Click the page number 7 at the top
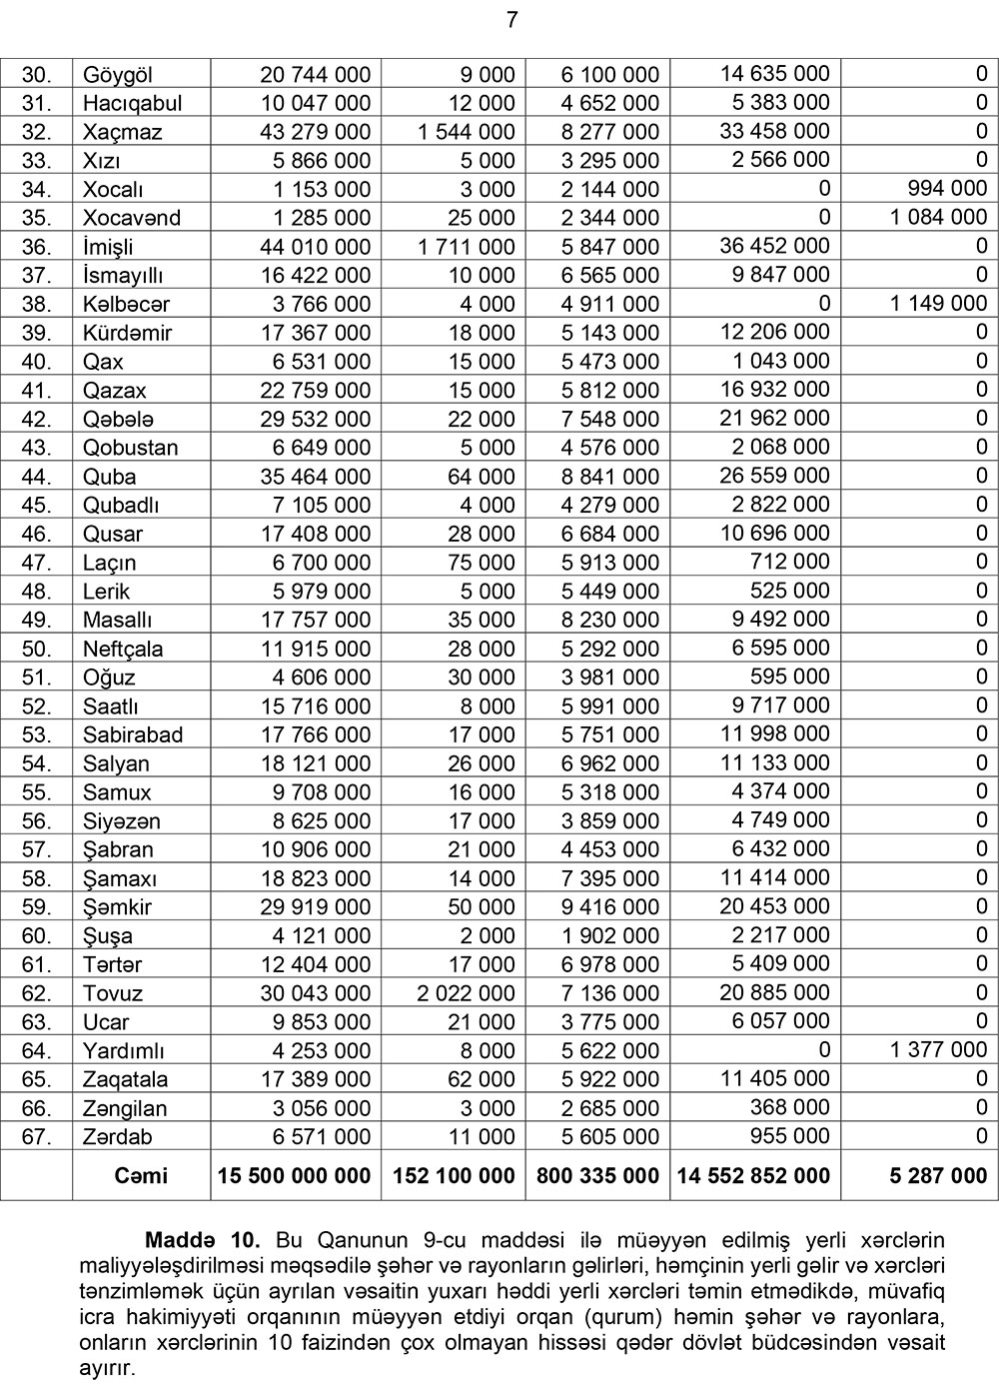click(511, 20)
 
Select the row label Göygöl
click(118, 75)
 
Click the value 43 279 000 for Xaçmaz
click(315, 132)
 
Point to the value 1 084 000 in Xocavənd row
click(938, 217)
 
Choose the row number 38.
click(36, 304)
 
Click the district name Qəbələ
click(118, 419)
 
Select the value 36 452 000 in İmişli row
click(774, 246)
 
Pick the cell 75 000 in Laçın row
click(482, 563)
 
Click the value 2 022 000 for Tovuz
click(466, 993)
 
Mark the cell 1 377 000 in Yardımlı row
click(938, 1049)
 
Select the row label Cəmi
click(141, 1176)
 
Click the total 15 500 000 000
click(294, 1176)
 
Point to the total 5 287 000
click(938, 1176)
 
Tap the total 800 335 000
click(597, 1176)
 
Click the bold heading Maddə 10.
click(203, 1241)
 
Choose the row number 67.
click(36, 1137)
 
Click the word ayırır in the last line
click(107, 1369)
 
